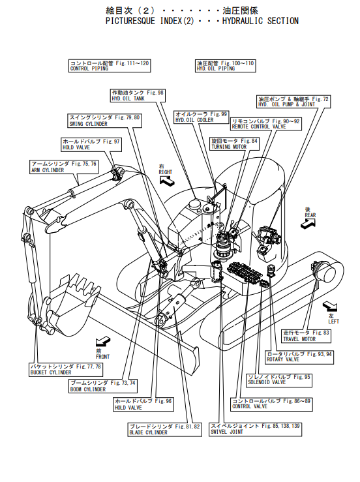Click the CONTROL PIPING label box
coord(110,66)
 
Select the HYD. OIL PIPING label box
coord(226,66)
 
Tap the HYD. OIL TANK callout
coord(138,95)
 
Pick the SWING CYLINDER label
coord(104,121)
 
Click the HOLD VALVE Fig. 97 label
coord(91,145)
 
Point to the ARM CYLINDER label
coord(64,167)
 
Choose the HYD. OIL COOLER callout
coord(202,117)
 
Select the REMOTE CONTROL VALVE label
coord(265,124)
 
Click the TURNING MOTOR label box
coord(235,144)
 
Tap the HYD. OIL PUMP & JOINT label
coord(293,102)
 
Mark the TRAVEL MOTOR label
coord(307,336)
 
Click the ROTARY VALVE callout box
coord(299,357)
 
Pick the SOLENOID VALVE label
coord(279,380)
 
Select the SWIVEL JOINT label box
coord(256,429)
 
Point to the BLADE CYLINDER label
coord(165,429)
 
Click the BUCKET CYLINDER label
coord(66,370)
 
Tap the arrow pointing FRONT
coord(102,341)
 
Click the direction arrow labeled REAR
coord(308,224)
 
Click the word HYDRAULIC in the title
coord(243,21)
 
